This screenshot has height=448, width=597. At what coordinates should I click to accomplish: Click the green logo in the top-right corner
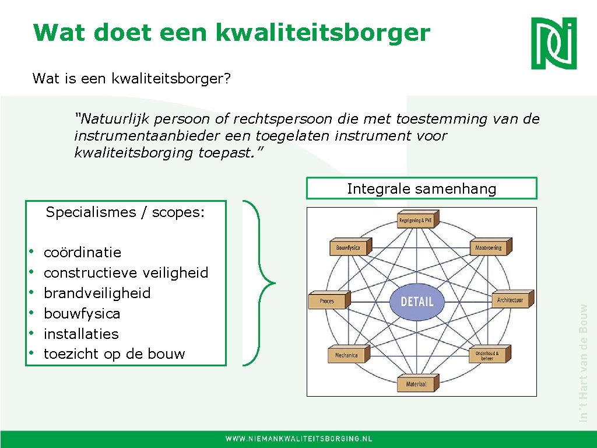pos(553,43)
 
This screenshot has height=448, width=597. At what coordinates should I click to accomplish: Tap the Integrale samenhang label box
pos(422,188)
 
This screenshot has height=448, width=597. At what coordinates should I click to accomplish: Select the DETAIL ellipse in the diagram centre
pos(417,302)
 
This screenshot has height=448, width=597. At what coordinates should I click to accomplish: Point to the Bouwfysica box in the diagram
pos(348,247)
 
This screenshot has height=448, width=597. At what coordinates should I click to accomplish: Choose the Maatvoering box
pos(489,247)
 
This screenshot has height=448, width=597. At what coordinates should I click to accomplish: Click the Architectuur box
pos(510,300)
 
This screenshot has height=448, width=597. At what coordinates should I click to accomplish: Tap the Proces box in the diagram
pos(328,301)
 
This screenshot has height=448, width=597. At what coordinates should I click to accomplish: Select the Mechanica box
pos(347,355)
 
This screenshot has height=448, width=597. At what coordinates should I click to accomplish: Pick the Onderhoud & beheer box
pos(487,355)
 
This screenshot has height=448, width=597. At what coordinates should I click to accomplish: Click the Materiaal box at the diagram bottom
pos(416,384)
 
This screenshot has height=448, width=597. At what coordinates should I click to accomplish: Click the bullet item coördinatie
pos(82,253)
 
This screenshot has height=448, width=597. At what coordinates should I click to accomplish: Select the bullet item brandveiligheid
pos(97,293)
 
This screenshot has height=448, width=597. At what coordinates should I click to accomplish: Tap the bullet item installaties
pos(81,334)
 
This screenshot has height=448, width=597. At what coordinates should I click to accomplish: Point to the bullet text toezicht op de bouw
pos(114,354)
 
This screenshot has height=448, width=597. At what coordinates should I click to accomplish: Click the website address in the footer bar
pos(299,439)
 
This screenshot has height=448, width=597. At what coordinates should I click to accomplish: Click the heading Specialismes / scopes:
pos(125,212)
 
